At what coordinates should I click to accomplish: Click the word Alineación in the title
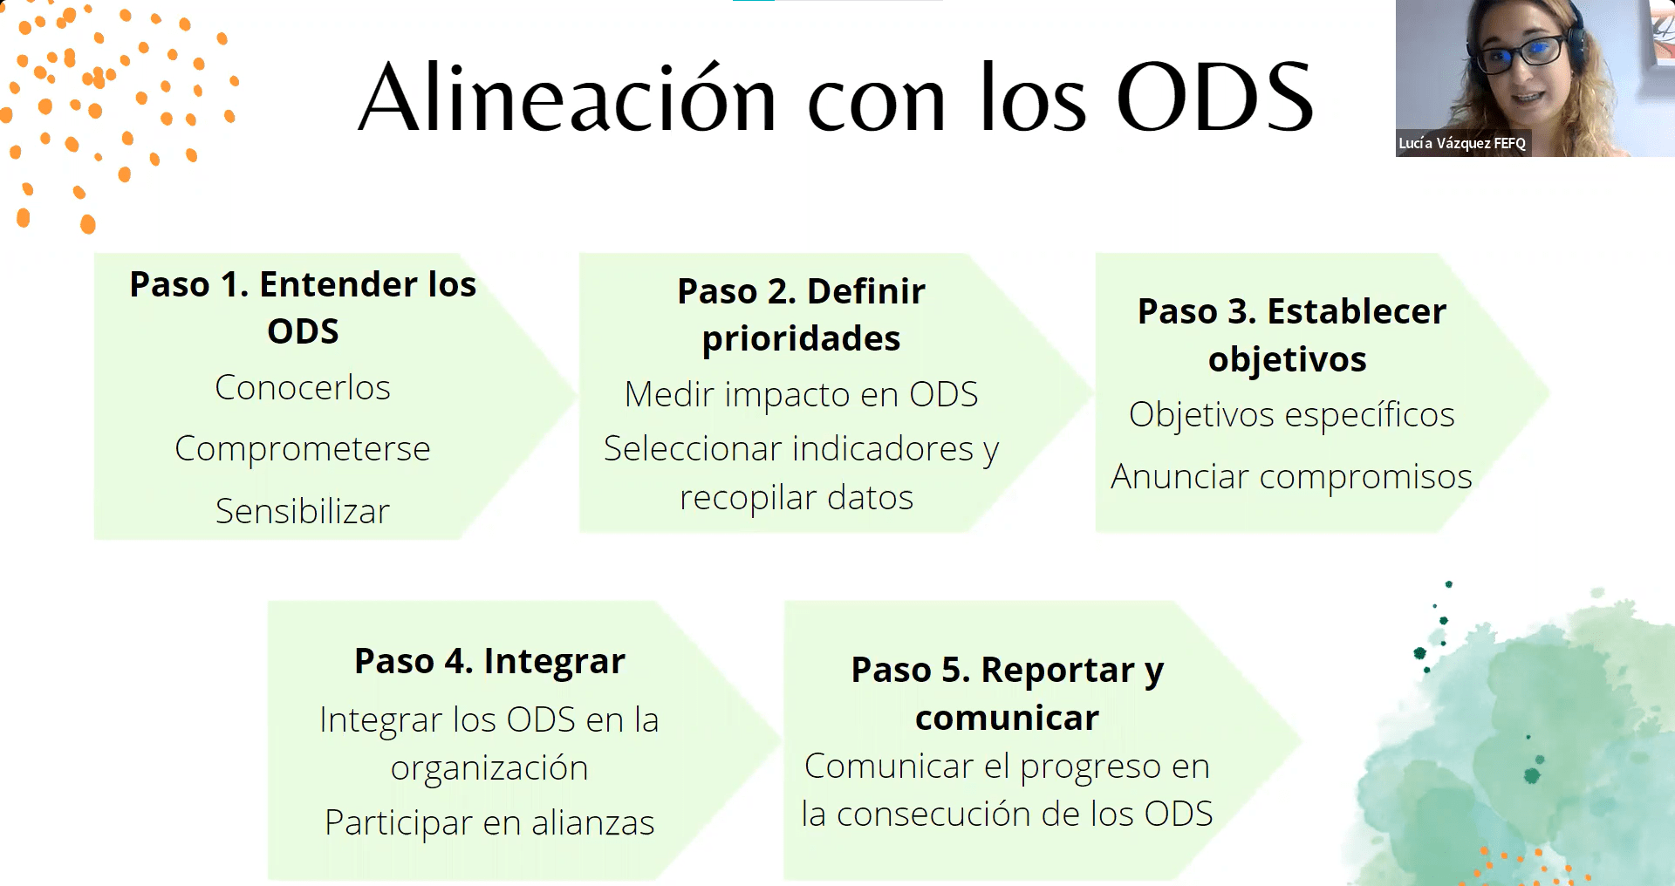(568, 98)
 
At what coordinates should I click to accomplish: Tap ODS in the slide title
(1215, 98)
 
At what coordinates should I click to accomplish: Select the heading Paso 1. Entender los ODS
(303, 307)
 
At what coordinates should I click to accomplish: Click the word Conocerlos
(303, 387)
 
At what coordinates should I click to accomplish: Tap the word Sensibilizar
(303, 511)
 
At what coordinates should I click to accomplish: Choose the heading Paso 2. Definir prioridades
(801, 315)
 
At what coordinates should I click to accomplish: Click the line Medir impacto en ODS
(801, 395)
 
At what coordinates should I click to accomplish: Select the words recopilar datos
(796, 498)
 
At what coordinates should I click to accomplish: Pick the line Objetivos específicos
(1291, 415)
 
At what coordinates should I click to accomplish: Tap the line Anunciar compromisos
(1291, 477)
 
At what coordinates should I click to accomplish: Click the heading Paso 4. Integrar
(489, 662)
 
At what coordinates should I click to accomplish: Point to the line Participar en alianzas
(489, 822)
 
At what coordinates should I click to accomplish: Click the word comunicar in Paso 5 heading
(1007, 719)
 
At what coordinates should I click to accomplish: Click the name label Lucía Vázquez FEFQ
(1462, 143)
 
